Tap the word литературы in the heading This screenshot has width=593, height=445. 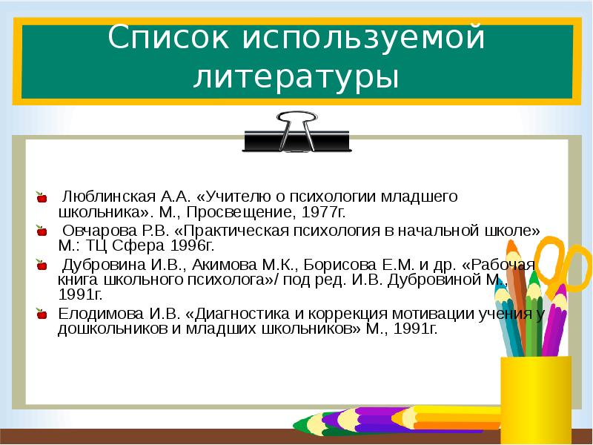(x=296, y=77)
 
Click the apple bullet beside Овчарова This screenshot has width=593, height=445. (x=42, y=231)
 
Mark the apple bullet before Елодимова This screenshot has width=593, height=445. (x=42, y=314)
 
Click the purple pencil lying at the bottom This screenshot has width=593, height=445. (x=371, y=419)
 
